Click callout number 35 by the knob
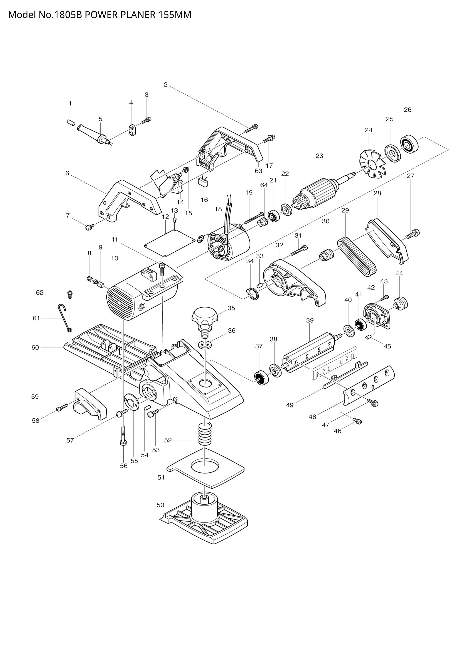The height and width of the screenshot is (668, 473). [x=231, y=308]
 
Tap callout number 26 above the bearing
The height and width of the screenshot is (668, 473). [x=408, y=110]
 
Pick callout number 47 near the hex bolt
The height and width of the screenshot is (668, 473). [x=325, y=425]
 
